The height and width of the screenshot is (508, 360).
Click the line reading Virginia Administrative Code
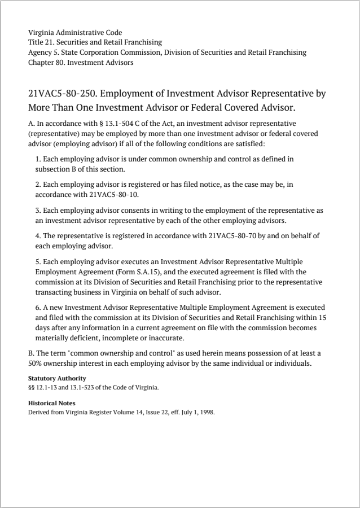[75, 33]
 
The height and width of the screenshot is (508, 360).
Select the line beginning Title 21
[95, 42]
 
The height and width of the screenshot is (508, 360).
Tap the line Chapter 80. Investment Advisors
[81, 62]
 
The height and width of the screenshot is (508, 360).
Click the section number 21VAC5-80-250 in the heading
[62, 93]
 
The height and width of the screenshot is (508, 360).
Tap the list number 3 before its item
[38, 210]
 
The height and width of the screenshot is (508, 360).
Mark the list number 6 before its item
[38, 308]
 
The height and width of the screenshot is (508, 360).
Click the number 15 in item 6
[322, 318]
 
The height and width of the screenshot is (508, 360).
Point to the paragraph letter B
[30, 353]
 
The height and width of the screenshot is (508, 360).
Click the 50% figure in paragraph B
[36, 363]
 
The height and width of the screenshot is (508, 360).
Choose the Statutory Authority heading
[57, 378]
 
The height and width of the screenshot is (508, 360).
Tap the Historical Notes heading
[51, 403]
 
